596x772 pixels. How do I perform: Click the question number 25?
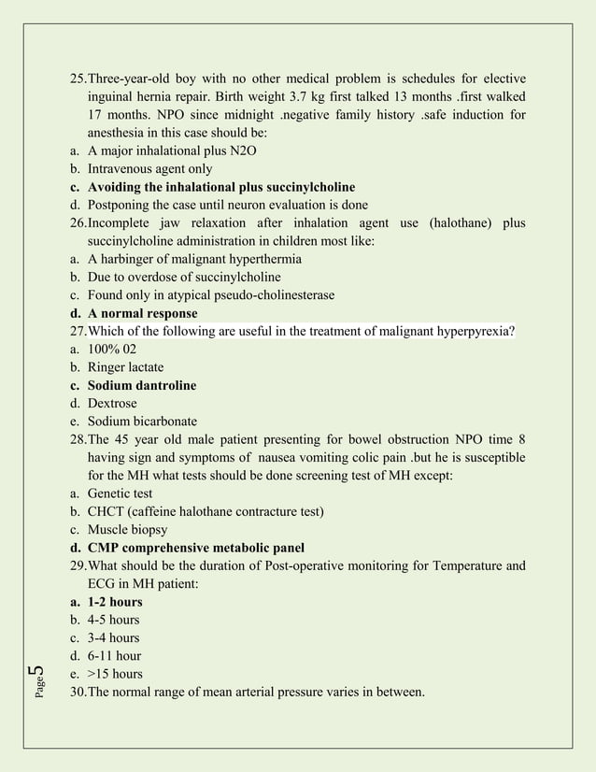[78, 79]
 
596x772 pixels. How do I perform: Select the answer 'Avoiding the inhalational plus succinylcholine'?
[221, 187]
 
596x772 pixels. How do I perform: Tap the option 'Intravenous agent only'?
[149, 169]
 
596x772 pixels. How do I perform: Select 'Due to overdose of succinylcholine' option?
[184, 278]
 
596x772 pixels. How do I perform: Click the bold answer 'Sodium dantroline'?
[142, 385]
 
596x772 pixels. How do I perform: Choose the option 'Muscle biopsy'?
[128, 530]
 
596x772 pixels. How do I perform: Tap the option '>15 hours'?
[115, 674]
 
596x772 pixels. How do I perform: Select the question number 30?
[78, 693]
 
